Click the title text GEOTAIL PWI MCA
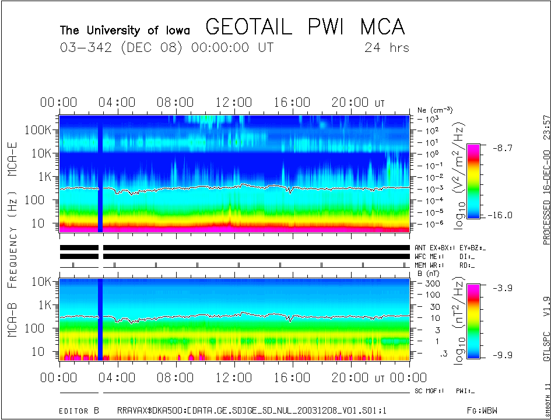pos(305,27)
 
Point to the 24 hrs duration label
pos(387,48)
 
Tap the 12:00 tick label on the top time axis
pos(234,103)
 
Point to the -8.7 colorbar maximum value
pos(500,149)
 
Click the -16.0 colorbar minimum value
pos(500,215)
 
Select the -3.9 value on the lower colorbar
pos(500,288)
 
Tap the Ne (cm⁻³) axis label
pos(435,110)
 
